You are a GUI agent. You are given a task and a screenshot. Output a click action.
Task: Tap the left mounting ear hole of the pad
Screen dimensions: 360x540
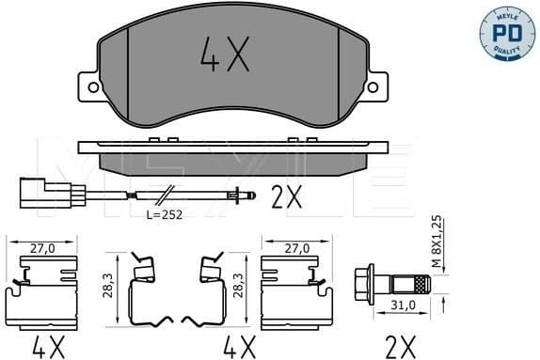93,87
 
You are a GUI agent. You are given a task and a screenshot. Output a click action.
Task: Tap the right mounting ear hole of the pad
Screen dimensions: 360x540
373,87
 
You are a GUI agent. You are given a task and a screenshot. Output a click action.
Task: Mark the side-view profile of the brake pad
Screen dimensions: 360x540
235,155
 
